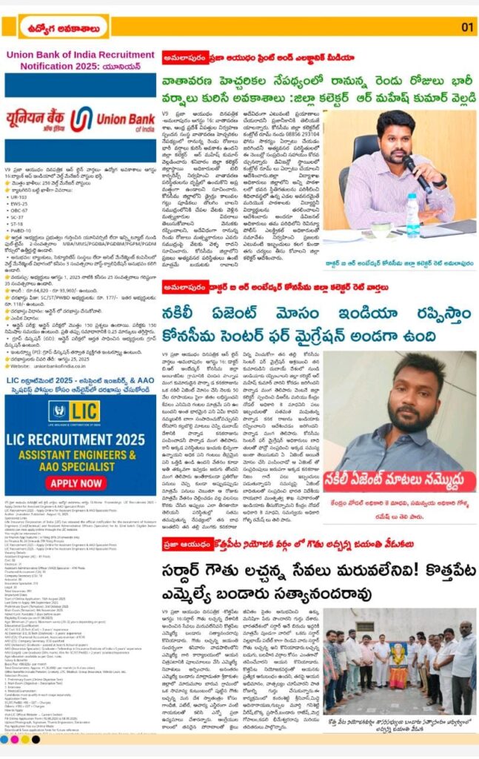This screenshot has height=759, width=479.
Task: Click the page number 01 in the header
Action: tap(466, 27)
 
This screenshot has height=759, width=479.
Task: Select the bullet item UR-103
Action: tap(22, 197)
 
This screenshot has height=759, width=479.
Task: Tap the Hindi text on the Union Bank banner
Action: tap(37, 119)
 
